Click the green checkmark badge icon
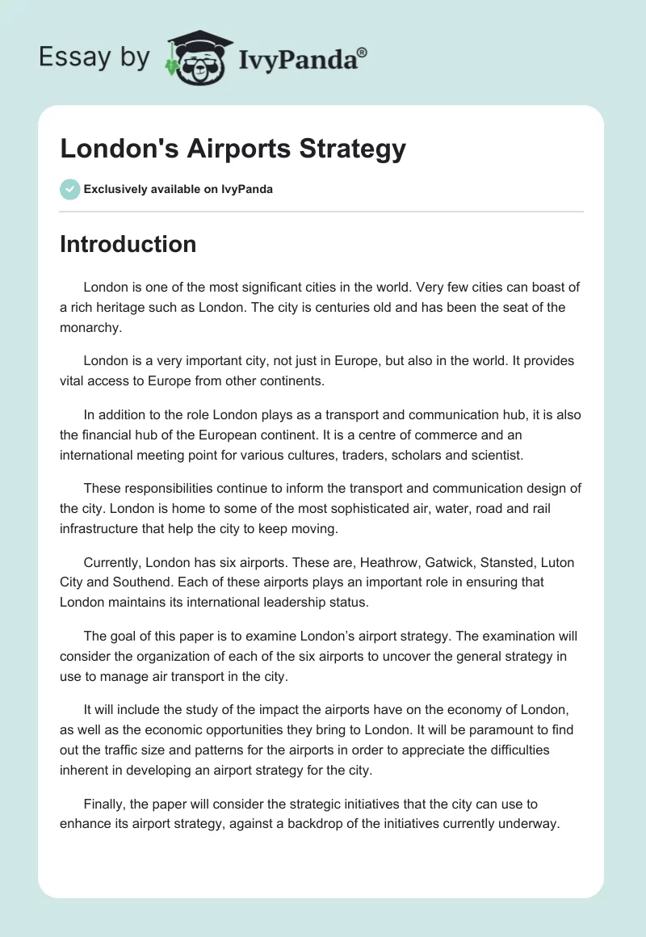(69, 189)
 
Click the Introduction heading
(128, 244)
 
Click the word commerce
(453, 435)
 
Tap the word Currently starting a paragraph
(113, 562)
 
